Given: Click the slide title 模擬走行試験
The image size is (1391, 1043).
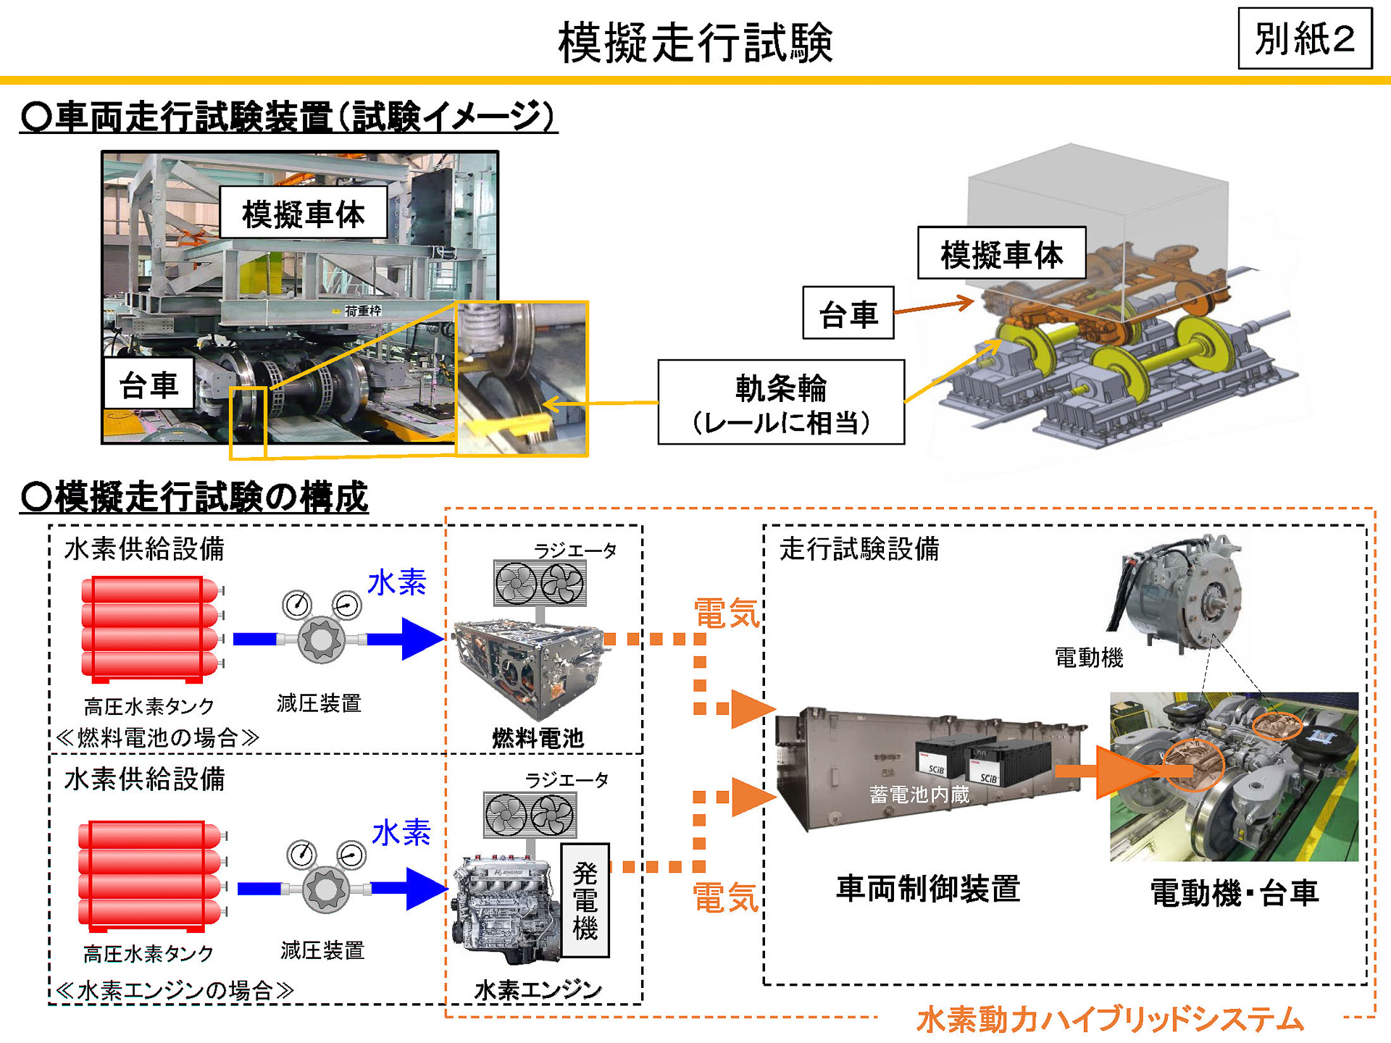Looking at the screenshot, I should (x=695, y=42).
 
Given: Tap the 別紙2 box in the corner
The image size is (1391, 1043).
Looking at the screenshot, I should (x=1305, y=38).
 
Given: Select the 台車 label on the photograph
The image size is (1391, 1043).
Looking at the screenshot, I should (x=149, y=384).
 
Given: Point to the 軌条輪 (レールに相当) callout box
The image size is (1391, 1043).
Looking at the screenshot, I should (x=780, y=403).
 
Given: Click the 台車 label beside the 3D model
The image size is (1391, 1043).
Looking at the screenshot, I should (x=848, y=313).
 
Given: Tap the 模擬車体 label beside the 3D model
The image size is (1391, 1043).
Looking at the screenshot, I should (x=1001, y=254).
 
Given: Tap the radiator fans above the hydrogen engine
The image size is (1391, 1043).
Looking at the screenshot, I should (x=530, y=815).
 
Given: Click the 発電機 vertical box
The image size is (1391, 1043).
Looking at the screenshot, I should (x=585, y=900).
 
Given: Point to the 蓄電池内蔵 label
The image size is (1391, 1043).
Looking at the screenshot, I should (x=919, y=795).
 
